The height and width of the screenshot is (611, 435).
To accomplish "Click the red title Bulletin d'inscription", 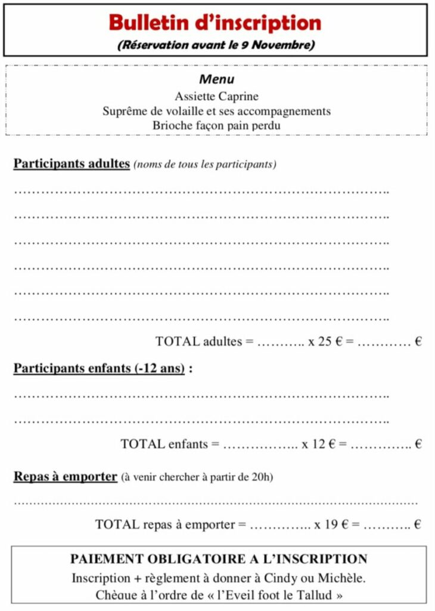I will pyautogui.click(x=215, y=23).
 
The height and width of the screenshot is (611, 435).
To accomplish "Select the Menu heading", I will pyautogui.click(x=217, y=79).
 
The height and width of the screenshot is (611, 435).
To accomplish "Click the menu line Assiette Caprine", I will pyautogui.click(x=216, y=95).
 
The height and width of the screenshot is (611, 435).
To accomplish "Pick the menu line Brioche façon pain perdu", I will pyautogui.click(x=216, y=126).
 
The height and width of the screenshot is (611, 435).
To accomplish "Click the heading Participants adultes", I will pyautogui.click(x=72, y=163).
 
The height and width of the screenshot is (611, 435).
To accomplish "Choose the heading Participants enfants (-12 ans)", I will pyautogui.click(x=99, y=368).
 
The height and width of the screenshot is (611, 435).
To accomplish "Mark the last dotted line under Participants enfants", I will pyautogui.click(x=201, y=421).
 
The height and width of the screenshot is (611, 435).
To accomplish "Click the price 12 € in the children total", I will pyautogui.click(x=324, y=444).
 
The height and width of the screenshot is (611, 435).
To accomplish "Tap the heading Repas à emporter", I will pyautogui.click(x=65, y=477).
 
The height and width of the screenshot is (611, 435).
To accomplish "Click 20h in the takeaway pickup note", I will pyautogui.click(x=264, y=477).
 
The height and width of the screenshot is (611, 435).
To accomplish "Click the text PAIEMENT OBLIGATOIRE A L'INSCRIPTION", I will pyautogui.click(x=219, y=559).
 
